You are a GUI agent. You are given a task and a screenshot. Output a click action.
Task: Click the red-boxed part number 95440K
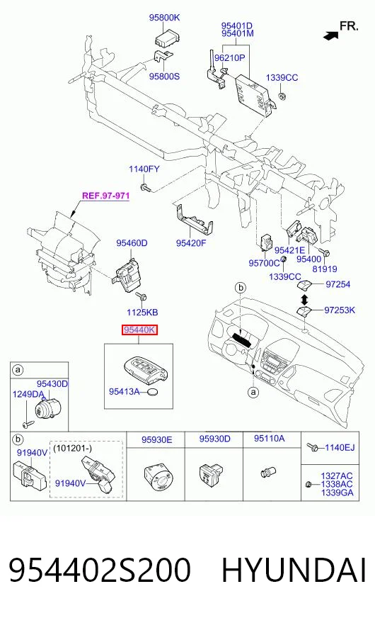click(139, 330)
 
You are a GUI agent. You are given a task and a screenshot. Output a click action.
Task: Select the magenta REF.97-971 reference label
click(106, 196)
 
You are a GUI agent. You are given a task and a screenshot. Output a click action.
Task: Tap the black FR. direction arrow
click(331, 36)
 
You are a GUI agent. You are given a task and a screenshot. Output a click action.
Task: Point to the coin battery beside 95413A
click(153, 392)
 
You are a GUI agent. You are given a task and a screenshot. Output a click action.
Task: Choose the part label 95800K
click(164, 17)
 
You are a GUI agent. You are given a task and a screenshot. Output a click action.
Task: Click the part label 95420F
click(191, 243)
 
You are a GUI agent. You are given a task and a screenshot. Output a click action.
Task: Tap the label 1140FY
click(144, 169)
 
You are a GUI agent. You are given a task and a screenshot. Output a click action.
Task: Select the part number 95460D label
click(132, 243)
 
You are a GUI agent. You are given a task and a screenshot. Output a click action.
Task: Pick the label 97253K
click(340, 310)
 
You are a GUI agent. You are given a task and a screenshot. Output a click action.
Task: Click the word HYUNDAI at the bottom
click(294, 570)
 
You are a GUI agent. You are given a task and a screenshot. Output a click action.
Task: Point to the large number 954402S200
click(100, 570)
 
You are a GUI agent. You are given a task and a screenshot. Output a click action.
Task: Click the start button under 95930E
click(157, 478)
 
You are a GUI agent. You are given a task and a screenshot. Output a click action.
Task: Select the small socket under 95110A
click(269, 471)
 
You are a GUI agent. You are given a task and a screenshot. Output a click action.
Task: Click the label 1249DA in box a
click(28, 394)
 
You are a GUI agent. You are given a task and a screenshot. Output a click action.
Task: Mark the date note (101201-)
click(72, 448)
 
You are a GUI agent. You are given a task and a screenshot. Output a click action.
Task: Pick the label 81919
click(325, 269)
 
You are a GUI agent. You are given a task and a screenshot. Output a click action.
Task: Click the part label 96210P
click(230, 58)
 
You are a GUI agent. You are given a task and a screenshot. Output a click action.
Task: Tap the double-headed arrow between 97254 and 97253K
click(304, 297)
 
